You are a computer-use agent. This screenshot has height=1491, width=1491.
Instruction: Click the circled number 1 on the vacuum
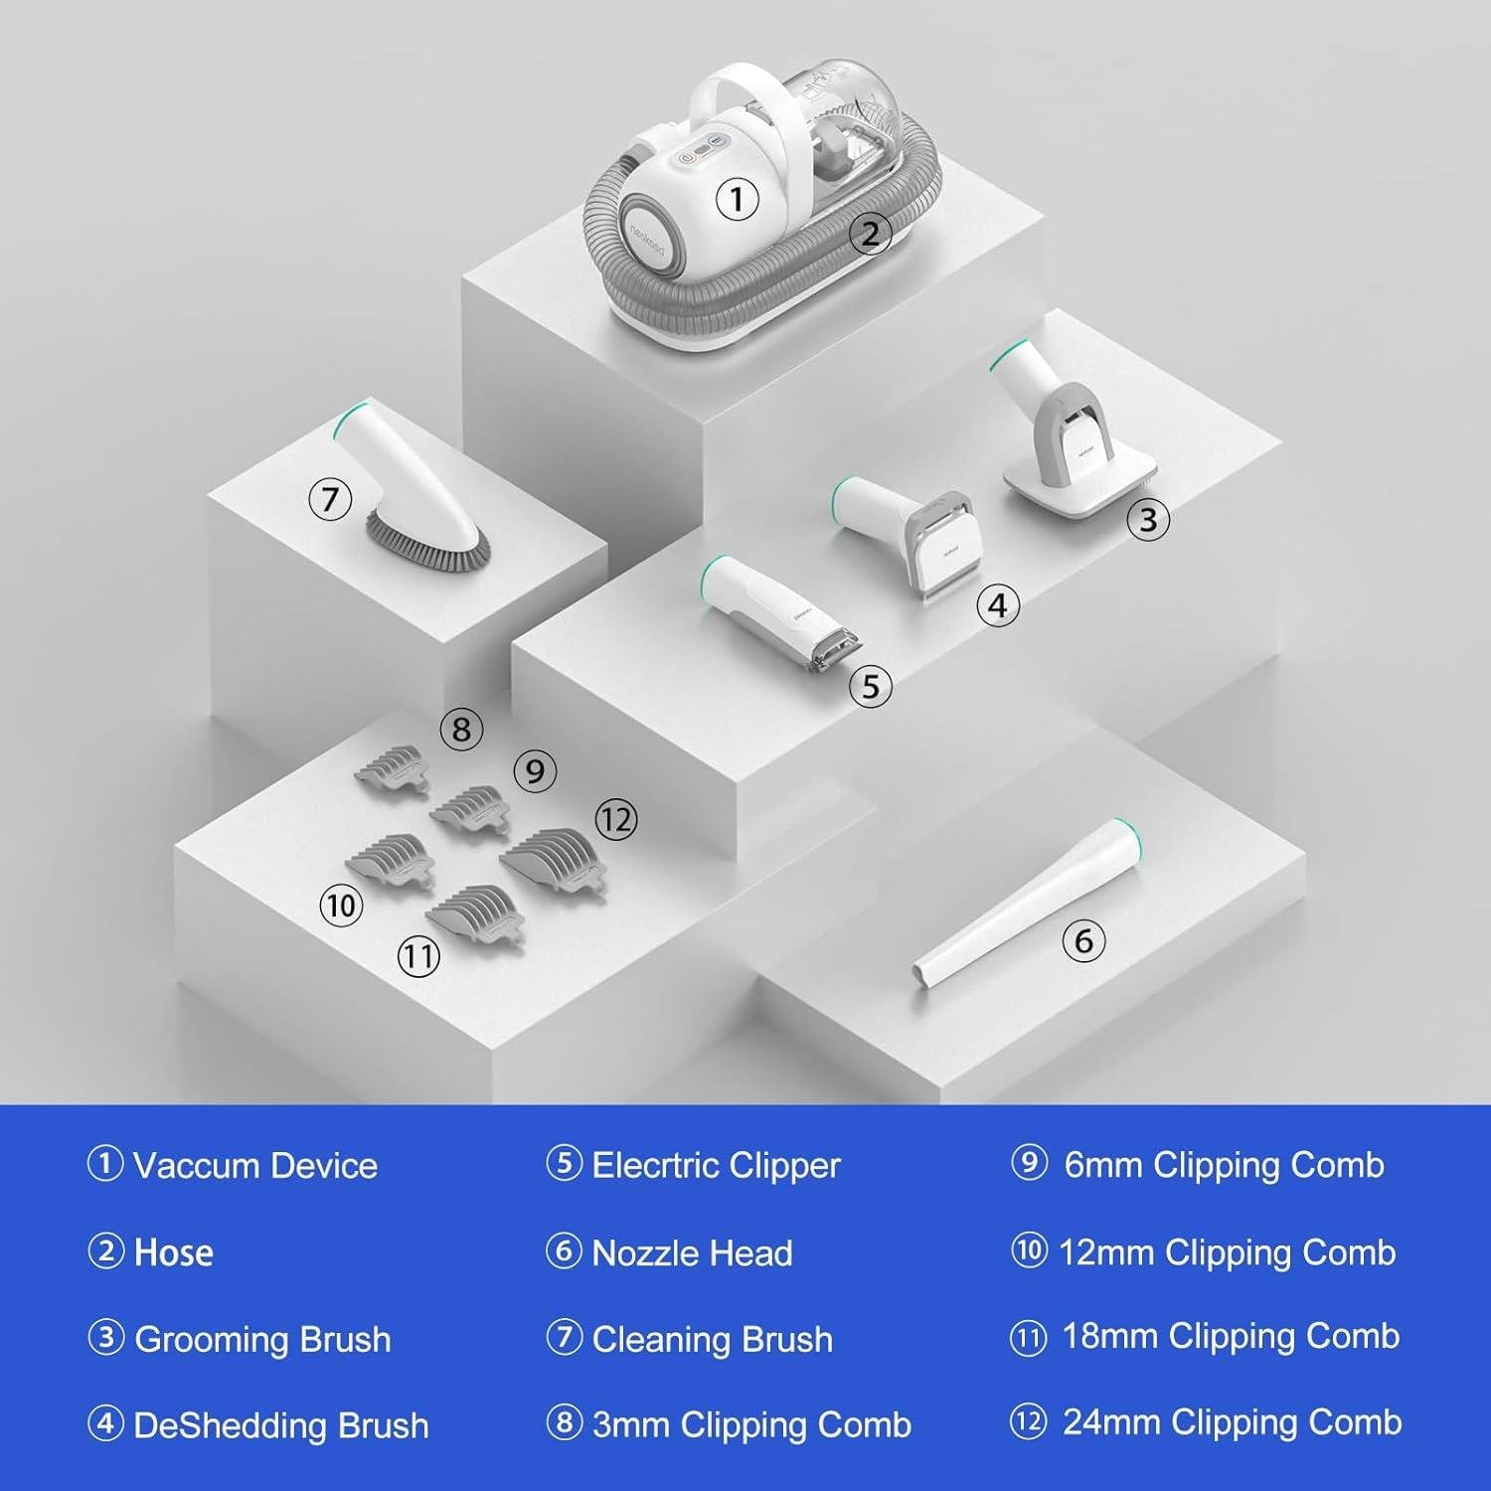tap(737, 199)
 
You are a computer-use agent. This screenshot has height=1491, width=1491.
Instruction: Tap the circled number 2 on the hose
tap(870, 234)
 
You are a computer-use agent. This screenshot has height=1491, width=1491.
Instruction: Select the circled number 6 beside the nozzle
tap(1083, 940)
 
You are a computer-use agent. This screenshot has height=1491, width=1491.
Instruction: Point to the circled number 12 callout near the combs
tap(615, 820)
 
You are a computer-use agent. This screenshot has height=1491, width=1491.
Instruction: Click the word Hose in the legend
tap(174, 1252)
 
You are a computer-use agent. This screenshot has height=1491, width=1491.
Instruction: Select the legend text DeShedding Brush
tap(281, 1425)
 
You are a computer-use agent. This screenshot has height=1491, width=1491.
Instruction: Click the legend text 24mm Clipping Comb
tap(1233, 1422)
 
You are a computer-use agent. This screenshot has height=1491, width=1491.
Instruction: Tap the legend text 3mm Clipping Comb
tap(751, 1425)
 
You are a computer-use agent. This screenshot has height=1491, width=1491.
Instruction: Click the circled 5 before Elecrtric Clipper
tap(564, 1163)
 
